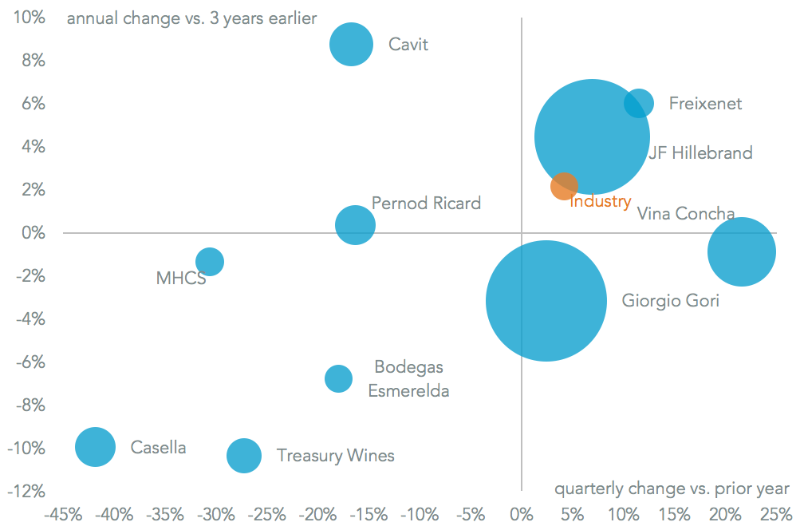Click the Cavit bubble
351,44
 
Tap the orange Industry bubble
564,186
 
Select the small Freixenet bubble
638,103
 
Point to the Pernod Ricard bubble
355,225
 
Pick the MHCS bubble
209,261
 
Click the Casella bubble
96,446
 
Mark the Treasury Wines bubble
244,456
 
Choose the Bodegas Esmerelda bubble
338,378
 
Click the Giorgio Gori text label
670,301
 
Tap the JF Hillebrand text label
700,152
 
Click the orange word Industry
600,202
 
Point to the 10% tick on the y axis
28,18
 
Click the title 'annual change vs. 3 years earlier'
191,18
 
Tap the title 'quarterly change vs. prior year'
672,488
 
